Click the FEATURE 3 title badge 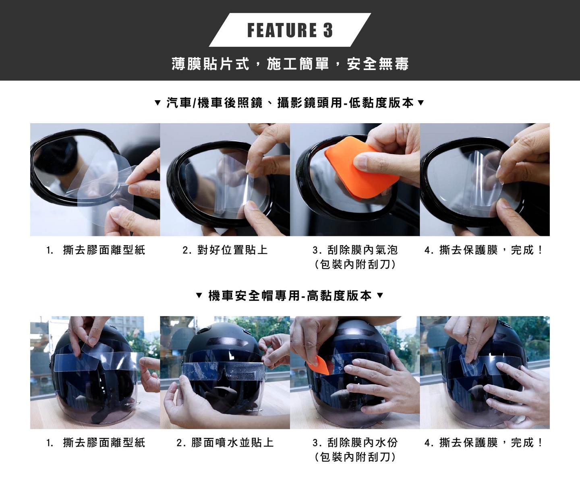(290, 30)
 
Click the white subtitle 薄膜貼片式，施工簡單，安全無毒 (290, 64)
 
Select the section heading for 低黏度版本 (290, 103)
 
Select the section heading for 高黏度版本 (290, 296)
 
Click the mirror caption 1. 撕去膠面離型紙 (95, 250)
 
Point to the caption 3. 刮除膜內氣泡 (355, 250)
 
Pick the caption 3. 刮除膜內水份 (355, 443)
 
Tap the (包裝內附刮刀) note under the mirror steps (355, 265)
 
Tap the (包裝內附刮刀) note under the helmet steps (355, 457)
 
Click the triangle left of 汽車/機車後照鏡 (157, 103)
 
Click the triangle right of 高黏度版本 (380, 296)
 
